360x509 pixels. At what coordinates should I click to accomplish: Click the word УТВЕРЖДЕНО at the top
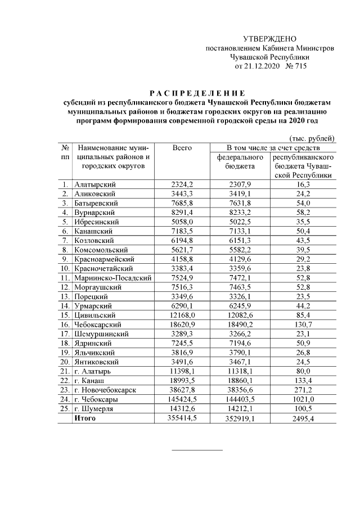click(x=269, y=39)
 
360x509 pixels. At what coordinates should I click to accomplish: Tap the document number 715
click(x=299, y=66)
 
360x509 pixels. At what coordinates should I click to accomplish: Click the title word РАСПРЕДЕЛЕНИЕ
click(x=197, y=93)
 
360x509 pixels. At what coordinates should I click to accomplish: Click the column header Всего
click(x=182, y=147)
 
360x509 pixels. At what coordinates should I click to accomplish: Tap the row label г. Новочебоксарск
click(x=103, y=390)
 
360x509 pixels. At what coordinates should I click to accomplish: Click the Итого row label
click(x=85, y=418)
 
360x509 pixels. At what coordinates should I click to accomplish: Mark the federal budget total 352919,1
click(x=240, y=418)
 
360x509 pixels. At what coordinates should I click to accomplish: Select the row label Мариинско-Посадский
click(x=113, y=278)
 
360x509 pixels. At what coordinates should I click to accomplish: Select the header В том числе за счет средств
click(x=273, y=147)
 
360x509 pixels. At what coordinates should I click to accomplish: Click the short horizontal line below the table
click(x=197, y=449)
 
